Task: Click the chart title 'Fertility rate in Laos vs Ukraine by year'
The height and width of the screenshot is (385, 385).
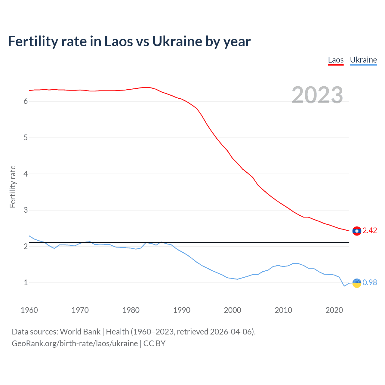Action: click(x=129, y=42)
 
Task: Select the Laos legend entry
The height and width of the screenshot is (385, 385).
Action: click(x=336, y=60)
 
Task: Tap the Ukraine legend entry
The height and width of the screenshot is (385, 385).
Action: click(x=363, y=60)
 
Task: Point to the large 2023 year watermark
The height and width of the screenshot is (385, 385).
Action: click(x=317, y=95)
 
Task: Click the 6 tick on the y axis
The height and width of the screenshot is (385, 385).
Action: click(x=26, y=101)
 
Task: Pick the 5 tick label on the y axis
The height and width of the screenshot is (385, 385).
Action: click(x=26, y=138)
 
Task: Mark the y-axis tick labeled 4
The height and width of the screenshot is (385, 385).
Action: click(x=26, y=174)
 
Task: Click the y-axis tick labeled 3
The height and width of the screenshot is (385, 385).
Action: click(x=26, y=210)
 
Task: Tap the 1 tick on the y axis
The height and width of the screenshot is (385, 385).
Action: click(x=26, y=283)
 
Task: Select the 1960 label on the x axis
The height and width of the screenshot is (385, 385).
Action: click(x=29, y=310)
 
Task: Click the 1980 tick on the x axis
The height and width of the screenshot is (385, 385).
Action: click(x=131, y=310)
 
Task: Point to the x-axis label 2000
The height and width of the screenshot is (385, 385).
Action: click(x=233, y=310)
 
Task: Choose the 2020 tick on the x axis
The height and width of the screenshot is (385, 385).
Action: click(x=334, y=310)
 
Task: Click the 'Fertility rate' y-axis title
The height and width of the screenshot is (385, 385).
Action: click(x=13, y=186)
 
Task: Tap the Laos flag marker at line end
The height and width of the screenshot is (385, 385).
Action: click(x=357, y=231)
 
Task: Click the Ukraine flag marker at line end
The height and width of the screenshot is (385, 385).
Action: click(x=357, y=283)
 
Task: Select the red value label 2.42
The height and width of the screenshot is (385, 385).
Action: click(x=370, y=231)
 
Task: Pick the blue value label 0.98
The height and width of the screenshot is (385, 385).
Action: click(x=370, y=283)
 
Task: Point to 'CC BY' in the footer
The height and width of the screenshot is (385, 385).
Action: click(x=154, y=343)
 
